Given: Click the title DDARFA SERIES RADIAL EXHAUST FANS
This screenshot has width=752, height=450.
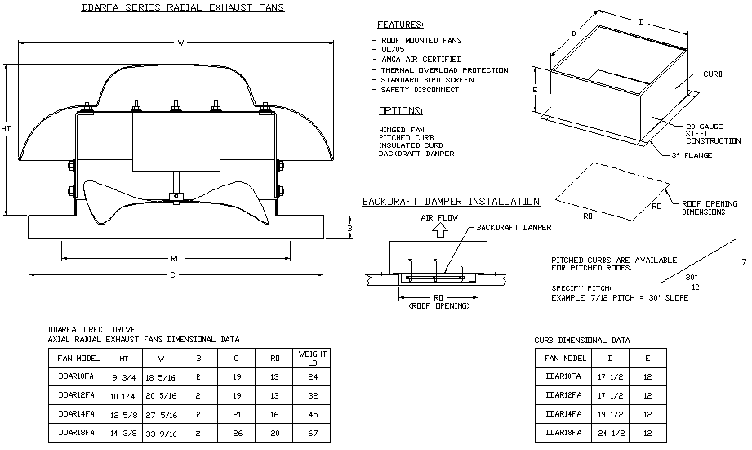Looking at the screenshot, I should (x=183, y=7).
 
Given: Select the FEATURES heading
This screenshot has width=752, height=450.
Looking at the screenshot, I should (x=400, y=25).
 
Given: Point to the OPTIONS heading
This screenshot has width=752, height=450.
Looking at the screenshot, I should (x=400, y=110).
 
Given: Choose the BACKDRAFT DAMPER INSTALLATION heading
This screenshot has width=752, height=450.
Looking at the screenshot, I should (x=451, y=202).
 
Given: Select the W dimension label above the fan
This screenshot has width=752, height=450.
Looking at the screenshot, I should (x=181, y=43).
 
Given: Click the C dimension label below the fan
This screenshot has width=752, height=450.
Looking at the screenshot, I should (x=172, y=274).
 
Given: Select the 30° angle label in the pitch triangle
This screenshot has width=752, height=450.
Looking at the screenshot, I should (x=691, y=277).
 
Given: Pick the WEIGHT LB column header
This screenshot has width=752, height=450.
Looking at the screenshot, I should (x=312, y=358).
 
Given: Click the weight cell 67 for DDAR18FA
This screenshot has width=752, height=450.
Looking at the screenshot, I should (x=312, y=433).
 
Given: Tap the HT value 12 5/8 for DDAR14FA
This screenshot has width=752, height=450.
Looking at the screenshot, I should (x=121, y=414).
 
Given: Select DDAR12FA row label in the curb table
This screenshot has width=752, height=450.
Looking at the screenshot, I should (x=563, y=395).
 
